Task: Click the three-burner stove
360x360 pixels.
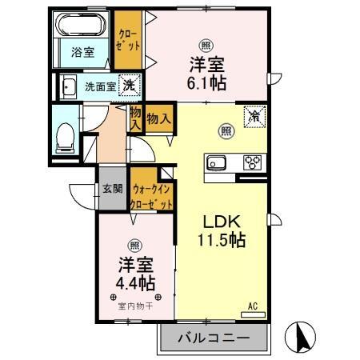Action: click(x=253, y=162)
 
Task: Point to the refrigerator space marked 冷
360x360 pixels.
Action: click(x=254, y=117)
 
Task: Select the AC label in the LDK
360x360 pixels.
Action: click(x=252, y=306)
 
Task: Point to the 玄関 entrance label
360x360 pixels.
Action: click(x=112, y=190)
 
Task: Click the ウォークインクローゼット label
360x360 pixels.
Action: click(x=151, y=197)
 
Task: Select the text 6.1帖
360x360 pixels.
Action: click(x=207, y=81)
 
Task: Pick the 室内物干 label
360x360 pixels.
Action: click(x=133, y=305)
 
